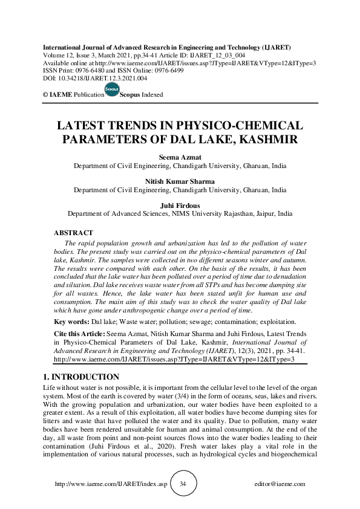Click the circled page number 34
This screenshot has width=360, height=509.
tap(183, 484)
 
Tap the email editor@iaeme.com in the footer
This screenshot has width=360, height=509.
tap(280, 484)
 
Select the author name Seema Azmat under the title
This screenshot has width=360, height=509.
tap(180, 157)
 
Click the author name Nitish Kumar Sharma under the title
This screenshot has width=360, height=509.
tap(180, 181)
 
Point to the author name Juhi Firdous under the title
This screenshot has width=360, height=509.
tap(180, 205)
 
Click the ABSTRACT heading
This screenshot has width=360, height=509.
tap(73, 233)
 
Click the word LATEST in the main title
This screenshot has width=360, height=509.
tap(81, 126)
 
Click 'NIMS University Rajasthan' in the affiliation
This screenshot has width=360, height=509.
tap(206, 213)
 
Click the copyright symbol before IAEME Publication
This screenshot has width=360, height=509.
tap(45, 96)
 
